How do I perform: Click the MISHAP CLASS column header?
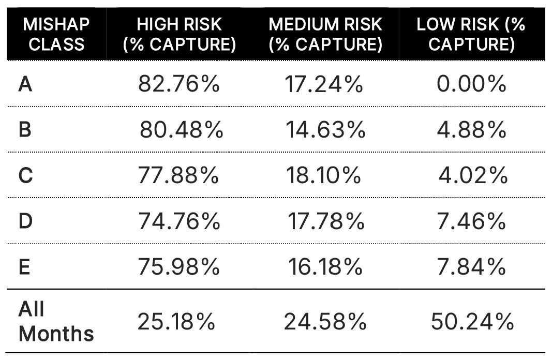point(56,34)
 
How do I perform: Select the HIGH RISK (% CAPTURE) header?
point(179,34)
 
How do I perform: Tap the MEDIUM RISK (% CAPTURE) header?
point(325,34)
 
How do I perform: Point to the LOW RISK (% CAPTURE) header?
point(471,34)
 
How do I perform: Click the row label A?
point(25,84)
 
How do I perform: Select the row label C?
point(25,176)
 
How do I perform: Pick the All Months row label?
point(56,321)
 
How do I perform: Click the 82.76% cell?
point(179,84)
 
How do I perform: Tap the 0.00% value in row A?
point(471,84)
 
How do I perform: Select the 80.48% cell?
point(181,130)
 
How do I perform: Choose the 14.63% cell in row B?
point(325,130)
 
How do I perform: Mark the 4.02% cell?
point(473,176)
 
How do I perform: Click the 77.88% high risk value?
point(179,176)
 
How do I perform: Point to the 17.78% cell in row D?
point(326,221)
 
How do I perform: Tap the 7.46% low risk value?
point(471,221)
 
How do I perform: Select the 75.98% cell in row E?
point(179,267)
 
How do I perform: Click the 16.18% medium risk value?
point(325,267)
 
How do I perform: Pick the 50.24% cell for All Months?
point(472,322)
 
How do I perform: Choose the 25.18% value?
point(176,322)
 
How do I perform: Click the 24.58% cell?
point(325,322)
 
